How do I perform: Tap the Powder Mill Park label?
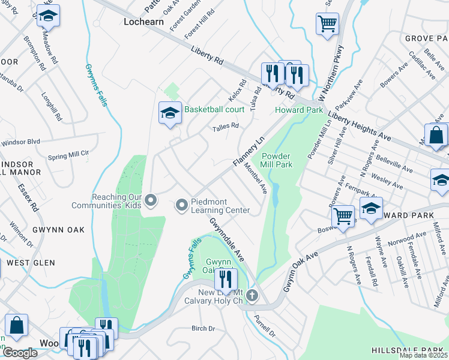[x=276, y=160]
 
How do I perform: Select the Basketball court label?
[x=214, y=109]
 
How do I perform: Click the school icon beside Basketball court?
[x=170, y=113]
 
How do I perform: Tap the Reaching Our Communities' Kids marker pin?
[x=151, y=200]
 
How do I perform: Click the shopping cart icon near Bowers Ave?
[x=343, y=215]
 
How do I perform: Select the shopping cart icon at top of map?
[x=327, y=25]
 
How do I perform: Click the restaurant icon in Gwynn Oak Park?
[x=226, y=279]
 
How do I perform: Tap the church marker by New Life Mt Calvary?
[x=252, y=295]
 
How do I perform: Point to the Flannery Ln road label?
[x=249, y=153]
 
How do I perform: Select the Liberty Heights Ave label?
[x=360, y=128]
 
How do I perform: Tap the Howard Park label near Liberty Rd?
[x=299, y=110]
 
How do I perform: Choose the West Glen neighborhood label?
[x=31, y=263]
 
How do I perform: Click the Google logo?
[x=20, y=353]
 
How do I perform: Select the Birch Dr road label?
[x=203, y=328]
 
